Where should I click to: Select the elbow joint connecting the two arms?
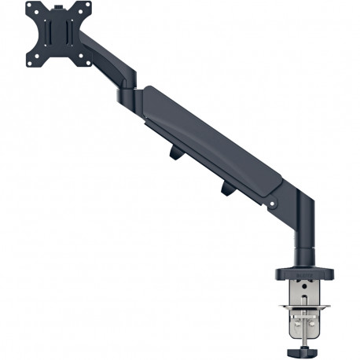pos(130,97)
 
